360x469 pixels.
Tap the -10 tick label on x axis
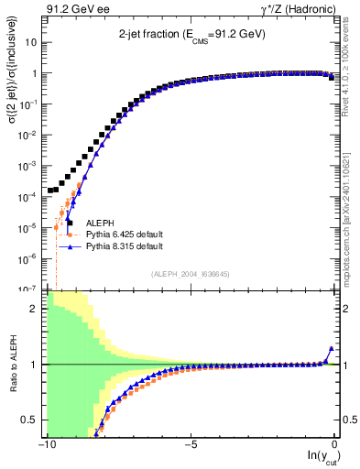point(44,446)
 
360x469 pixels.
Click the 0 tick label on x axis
point(335,446)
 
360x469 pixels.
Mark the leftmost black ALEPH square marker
point(51,191)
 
